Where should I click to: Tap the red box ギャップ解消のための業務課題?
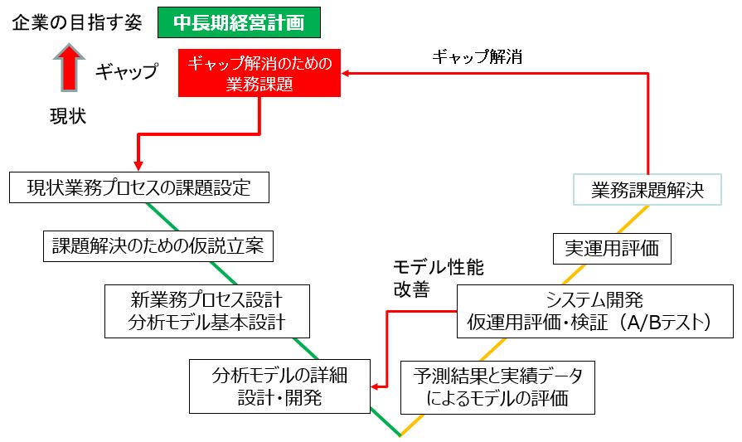[259, 74]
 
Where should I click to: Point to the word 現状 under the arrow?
[68, 117]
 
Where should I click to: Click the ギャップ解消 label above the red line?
[476, 57]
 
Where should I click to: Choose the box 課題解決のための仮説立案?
[158, 245]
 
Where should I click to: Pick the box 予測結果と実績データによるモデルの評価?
[497, 386]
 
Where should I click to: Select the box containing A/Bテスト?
[594, 310]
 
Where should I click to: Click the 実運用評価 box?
[612, 246]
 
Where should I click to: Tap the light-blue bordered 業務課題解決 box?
[647, 189]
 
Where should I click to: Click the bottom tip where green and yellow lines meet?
[400, 435]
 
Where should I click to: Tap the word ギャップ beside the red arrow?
[126, 71]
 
